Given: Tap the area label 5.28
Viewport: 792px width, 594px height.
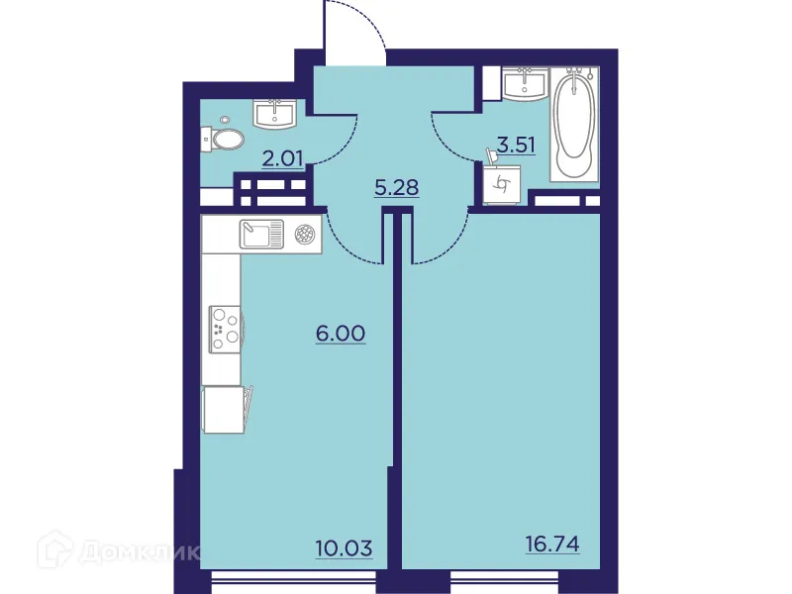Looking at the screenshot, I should [x=396, y=186].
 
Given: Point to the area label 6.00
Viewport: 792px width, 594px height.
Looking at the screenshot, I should [x=341, y=334].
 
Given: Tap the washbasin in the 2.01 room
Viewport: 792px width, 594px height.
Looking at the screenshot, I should [x=275, y=114].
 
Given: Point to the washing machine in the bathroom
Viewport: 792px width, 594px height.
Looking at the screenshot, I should [x=502, y=183].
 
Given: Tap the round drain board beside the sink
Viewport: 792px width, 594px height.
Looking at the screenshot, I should [x=305, y=235].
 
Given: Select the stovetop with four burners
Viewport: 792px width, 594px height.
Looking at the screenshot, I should [x=224, y=327].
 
